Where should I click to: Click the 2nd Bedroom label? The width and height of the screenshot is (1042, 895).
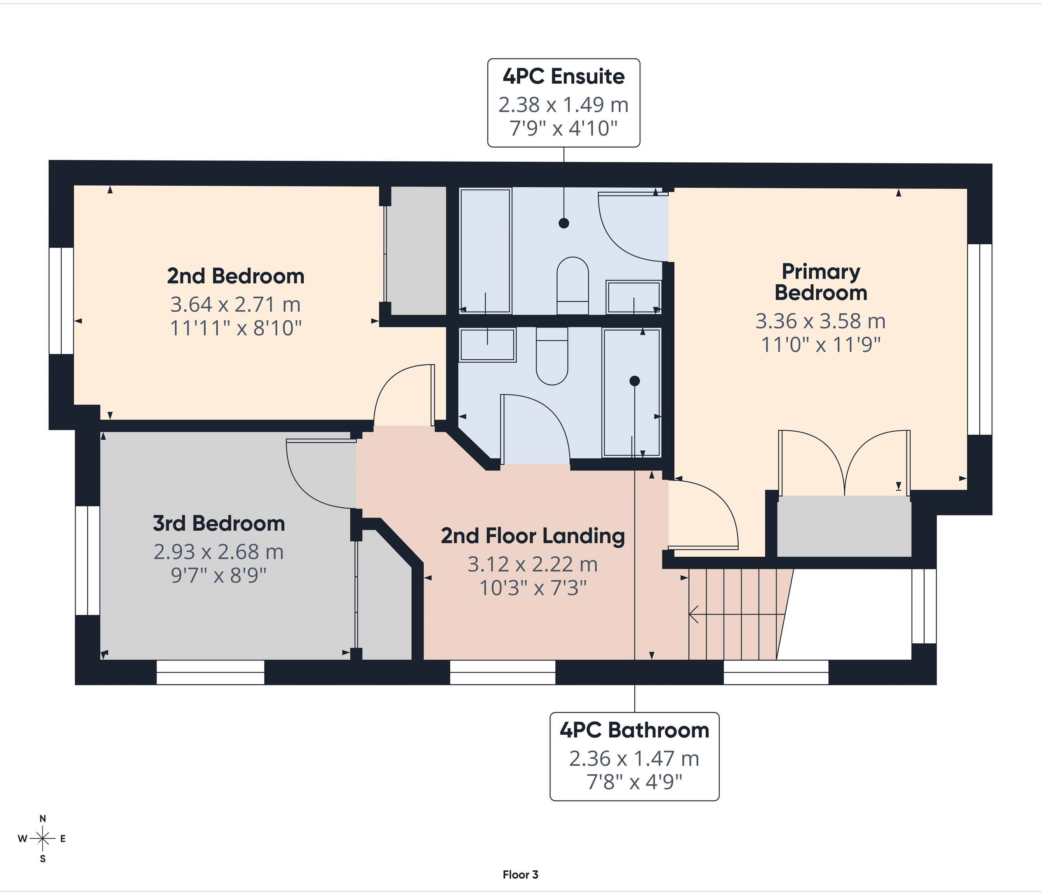235,276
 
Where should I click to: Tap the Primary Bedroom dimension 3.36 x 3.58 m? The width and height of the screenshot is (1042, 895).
820,321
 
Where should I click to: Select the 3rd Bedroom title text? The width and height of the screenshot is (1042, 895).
219,524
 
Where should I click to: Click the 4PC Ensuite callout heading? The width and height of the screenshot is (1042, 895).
563,77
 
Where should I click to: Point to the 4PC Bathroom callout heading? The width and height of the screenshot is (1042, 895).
634,730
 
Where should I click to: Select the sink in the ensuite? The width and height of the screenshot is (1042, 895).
633,297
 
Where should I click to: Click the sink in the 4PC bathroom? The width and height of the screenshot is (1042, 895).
487,345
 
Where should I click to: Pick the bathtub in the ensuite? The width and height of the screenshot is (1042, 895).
485,251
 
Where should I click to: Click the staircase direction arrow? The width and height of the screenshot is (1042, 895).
735,614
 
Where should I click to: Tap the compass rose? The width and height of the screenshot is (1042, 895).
43,839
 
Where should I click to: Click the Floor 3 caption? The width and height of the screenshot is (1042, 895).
520,874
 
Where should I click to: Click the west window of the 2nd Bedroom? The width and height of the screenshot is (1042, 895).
61,300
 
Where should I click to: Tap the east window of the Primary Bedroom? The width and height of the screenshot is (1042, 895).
979,340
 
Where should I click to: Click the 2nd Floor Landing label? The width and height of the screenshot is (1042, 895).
532,536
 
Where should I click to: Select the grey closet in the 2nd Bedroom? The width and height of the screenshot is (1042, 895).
418,251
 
